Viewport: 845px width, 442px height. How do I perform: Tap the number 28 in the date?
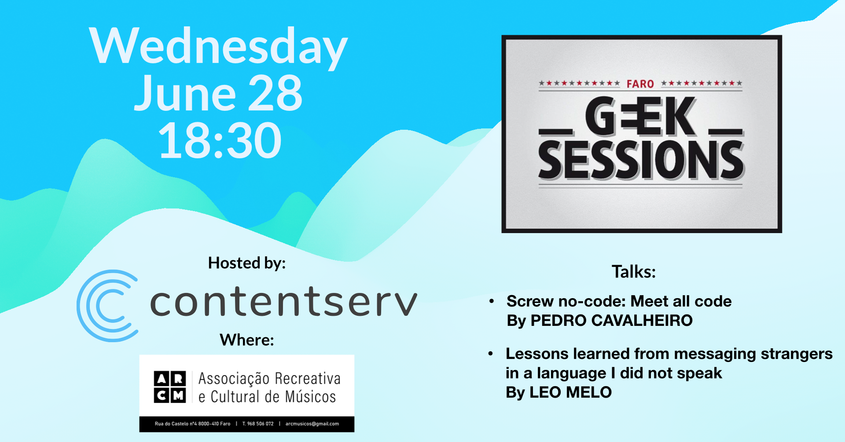pyautogui.click(x=275, y=93)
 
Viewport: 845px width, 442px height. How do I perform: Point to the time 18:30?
pyautogui.click(x=220, y=141)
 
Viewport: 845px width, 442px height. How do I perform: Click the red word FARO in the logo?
pyautogui.click(x=640, y=84)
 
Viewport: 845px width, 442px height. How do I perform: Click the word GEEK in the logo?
pyautogui.click(x=640, y=117)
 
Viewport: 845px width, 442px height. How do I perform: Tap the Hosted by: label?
pyautogui.click(x=247, y=263)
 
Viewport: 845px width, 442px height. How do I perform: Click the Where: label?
pyautogui.click(x=247, y=340)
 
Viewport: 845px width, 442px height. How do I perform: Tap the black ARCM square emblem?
pyautogui.click(x=170, y=387)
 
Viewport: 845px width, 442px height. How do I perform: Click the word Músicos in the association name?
pyautogui.click(x=310, y=397)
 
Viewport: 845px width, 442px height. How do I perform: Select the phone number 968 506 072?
pyautogui.click(x=260, y=424)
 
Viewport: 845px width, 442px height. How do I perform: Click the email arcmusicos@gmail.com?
pyautogui.click(x=312, y=424)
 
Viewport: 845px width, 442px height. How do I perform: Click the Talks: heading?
pyautogui.click(x=634, y=272)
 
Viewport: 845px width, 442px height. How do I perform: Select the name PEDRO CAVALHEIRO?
pyautogui.click(x=612, y=321)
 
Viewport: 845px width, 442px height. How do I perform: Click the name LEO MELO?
pyautogui.click(x=570, y=392)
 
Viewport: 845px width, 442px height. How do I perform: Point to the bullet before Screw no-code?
pyautogui.click(x=492, y=301)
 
